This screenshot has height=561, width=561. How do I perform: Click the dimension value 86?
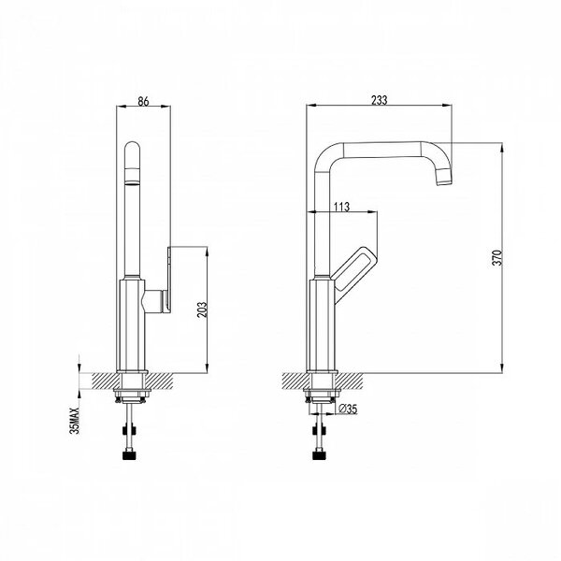click(x=143, y=101)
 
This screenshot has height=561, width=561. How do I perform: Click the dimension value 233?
click(x=379, y=100)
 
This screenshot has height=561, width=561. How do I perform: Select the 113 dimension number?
click(x=341, y=207)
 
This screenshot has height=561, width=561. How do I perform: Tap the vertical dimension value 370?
click(x=497, y=258)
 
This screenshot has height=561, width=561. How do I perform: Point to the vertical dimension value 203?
click(x=202, y=309)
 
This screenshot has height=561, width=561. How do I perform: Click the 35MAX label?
click(x=75, y=421)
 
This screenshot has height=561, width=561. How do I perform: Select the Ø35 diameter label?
click(x=348, y=409)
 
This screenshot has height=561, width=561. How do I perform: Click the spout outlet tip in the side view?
click(x=444, y=179)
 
